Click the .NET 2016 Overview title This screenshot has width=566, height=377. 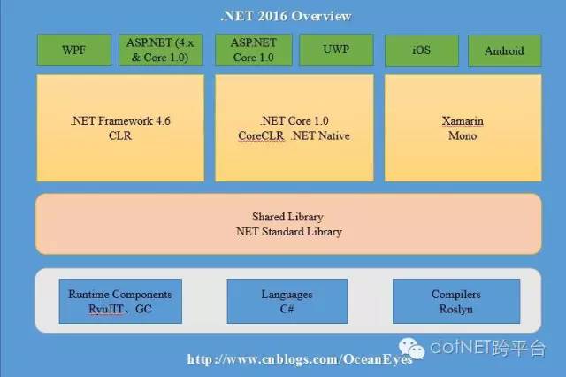click(x=286, y=16)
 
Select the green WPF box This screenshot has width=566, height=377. click(x=74, y=50)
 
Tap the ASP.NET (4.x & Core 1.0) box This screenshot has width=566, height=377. click(x=160, y=50)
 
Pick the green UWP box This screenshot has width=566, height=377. click(x=336, y=50)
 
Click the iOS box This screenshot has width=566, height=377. click(x=422, y=50)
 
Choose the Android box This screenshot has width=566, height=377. click(x=505, y=50)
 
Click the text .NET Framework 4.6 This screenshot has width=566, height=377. click(x=120, y=121)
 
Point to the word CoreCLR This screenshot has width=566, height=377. click(x=261, y=135)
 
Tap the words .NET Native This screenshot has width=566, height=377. click(x=320, y=135)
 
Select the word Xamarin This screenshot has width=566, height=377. click(x=463, y=121)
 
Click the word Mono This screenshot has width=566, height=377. click(x=463, y=135)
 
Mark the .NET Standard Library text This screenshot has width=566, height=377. click(x=287, y=232)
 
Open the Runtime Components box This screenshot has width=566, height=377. click(x=120, y=301)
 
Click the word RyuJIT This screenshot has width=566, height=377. click(x=106, y=310)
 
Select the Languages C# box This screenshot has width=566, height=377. click(x=287, y=301)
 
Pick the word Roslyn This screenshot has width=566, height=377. click(x=456, y=310)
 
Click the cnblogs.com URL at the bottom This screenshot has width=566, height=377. click(x=300, y=359)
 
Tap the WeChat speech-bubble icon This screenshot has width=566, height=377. click(x=411, y=349)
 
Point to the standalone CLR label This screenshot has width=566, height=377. click(x=120, y=135)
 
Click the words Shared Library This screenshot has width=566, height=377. click(x=287, y=217)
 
